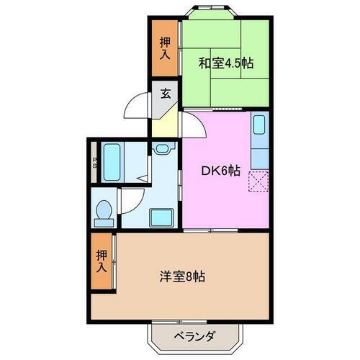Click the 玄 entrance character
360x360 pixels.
point(165,93)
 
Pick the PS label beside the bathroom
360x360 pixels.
point(94,163)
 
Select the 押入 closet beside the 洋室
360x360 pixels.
point(102,261)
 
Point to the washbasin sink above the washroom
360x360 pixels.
point(161,149)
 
